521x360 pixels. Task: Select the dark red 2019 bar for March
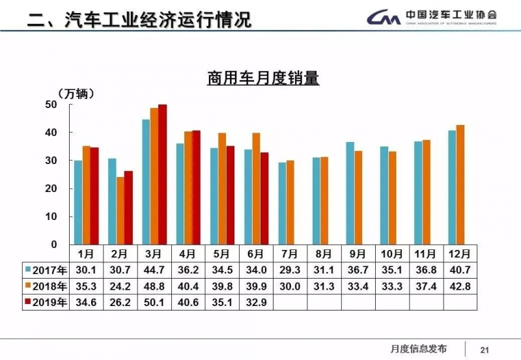click(x=163, y=174)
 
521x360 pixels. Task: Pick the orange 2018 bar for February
click(x=120, y=210)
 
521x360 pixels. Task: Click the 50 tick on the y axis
click(x=51, y=104)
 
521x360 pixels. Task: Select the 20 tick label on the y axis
click(x=51, y=188)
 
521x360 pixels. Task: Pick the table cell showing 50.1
click(x=154, y=302)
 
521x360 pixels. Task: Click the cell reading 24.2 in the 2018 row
click(x=121, y=286)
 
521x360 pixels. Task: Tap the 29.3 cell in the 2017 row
click(x=290, y=270)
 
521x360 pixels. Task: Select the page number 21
click(x=484, y=348)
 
